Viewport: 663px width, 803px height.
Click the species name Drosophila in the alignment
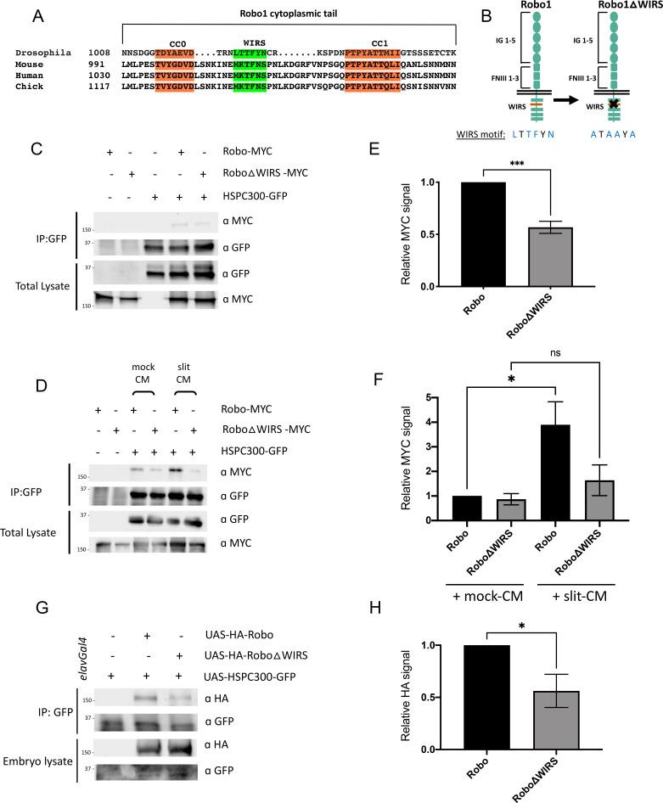coord(40,53)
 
